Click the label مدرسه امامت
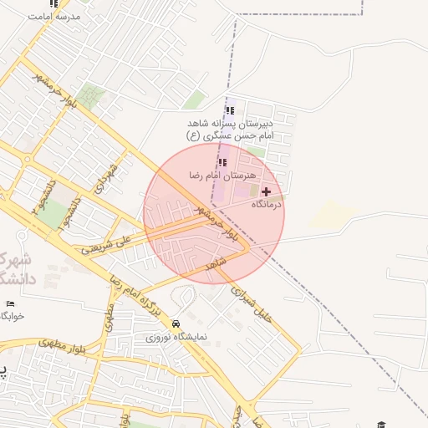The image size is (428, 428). click(54, 16)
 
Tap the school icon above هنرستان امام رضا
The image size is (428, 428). click(222, 162)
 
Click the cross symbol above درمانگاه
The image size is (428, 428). click(267, 191)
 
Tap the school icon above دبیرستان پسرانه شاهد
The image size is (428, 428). click(230, 110)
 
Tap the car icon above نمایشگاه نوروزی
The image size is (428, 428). click(176, 324)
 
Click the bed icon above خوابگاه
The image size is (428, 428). click(10, 303)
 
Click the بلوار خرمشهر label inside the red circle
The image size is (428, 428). click(216, 219)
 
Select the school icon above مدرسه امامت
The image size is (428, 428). click(54, 3)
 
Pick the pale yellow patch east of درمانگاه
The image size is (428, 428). click(324, 215)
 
